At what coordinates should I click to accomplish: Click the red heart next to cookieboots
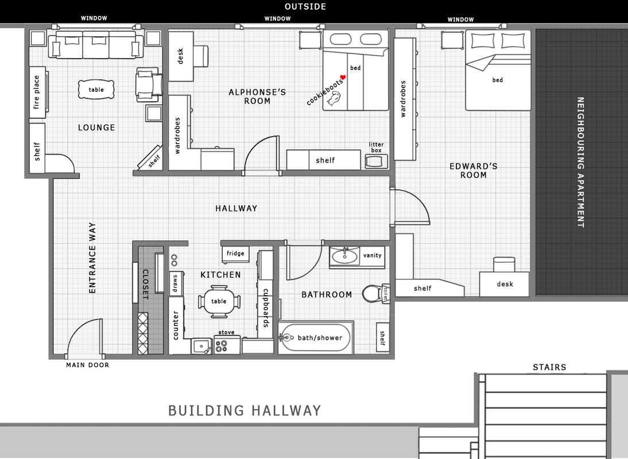tap(343, 77)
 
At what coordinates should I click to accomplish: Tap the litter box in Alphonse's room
tap(377, 161)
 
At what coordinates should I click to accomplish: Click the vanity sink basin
tap(344, 256)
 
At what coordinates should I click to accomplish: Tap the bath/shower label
tap(320, 338)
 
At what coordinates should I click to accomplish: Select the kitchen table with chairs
tap(219, 301)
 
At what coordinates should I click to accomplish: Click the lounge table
tap(96, 90)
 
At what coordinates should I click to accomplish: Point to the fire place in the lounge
tap(38, 92)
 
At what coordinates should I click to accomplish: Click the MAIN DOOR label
tap(87, 365)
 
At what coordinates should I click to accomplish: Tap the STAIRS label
tap(549, 367)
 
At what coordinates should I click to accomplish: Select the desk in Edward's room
tap(504, 284)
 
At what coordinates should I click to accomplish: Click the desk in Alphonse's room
tap(180, 56)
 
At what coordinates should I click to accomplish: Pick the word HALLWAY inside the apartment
tap(237, 208)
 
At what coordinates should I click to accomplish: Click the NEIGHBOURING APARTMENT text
tap(581, 162)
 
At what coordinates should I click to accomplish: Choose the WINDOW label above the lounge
tap(94, 18)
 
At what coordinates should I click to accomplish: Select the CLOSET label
tap(145, 285)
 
